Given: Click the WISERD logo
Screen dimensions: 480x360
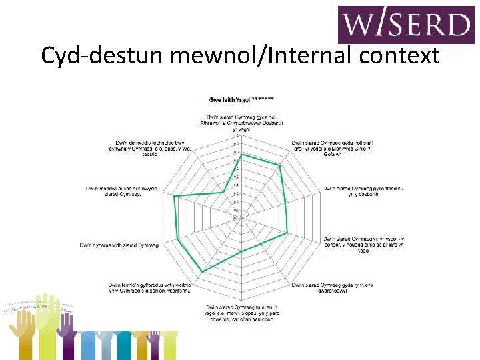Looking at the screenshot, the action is [406, 25].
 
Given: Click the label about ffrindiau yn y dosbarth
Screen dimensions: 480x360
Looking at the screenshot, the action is [363, 191].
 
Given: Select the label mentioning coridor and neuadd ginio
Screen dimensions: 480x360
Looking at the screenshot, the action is [363, 245].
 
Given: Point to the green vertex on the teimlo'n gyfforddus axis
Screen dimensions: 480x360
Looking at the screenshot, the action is [202, 271].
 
